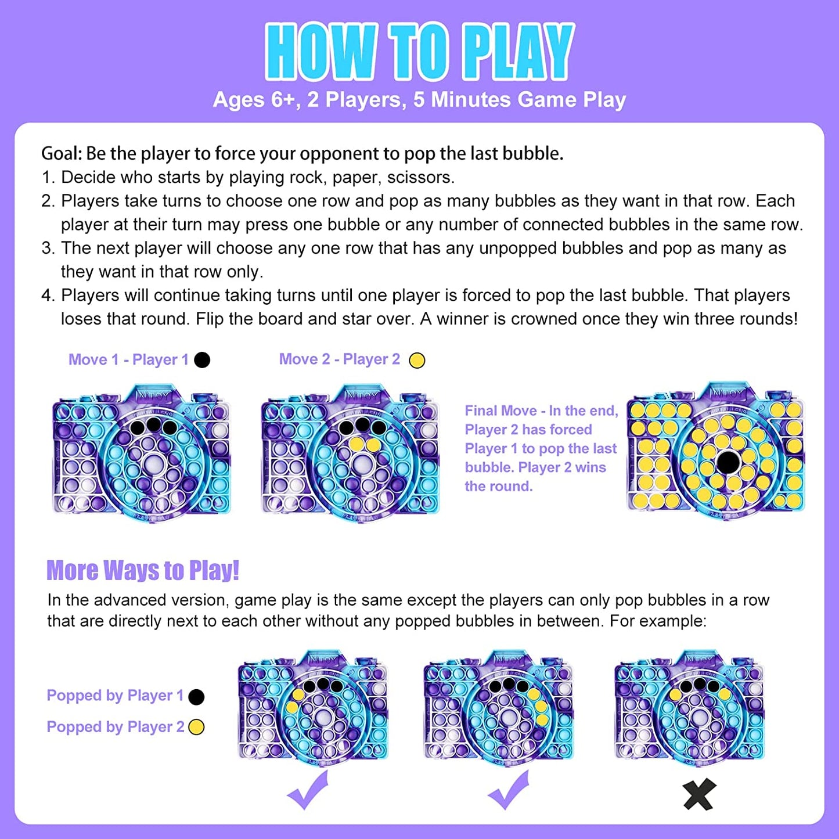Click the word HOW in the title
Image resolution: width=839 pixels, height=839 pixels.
pos(321,51)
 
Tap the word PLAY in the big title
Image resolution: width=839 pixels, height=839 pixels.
pos(518,51)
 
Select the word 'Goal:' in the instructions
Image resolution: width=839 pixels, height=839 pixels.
pos(62,154)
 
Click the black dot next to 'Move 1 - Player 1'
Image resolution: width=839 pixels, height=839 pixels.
pos(202,359)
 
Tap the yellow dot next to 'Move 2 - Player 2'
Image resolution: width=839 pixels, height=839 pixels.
pos(417,360)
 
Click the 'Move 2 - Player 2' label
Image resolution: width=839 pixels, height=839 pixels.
pos(340,359)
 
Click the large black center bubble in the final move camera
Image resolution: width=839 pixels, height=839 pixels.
pos(727,462)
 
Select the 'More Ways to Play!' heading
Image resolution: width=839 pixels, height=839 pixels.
pos(143,570)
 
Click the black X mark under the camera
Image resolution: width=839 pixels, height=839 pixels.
pos(700,794)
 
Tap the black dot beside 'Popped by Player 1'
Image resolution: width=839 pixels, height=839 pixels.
pos(196,697)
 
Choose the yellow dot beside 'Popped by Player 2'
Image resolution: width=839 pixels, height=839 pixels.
pos(196,727)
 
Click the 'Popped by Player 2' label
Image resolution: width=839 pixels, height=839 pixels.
pos(116,727)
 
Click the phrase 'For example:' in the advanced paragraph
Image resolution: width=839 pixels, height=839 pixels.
pos(658,621)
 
